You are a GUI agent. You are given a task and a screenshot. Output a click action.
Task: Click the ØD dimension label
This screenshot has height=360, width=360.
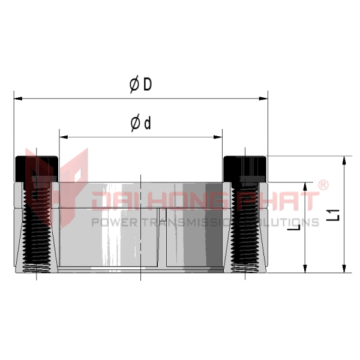pos(140,85)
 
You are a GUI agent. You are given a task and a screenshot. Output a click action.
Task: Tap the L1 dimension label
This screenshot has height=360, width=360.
pos(333,215)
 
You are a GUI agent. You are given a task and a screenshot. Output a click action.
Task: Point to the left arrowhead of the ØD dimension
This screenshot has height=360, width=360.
pos(18,98)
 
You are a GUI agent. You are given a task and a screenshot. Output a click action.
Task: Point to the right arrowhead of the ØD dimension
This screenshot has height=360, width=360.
pos(263,98)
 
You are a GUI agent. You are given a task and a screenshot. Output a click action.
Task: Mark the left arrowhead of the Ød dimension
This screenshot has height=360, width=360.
pos(64,137)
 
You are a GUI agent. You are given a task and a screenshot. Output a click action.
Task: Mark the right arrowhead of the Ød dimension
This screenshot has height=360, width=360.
pos(218,137)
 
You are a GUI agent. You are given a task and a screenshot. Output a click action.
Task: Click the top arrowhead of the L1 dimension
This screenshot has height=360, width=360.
pos(344,160)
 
